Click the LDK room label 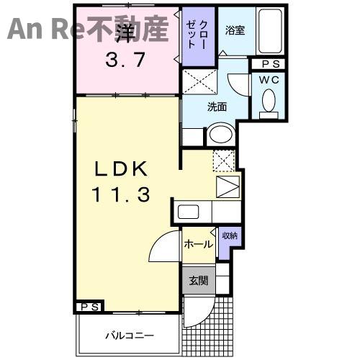(121, 169)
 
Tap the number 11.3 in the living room (121, 194)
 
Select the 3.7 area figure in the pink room (125, 60)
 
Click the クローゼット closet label (197, 35)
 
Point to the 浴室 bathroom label (235, 31)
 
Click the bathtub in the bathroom (270, 32)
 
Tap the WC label (269, 80)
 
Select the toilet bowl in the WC (269, 104)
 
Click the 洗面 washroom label (217, 107)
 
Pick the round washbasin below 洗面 (222, 135)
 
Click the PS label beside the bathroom (271, 64)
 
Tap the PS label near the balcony (89, 307)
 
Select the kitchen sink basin (188, 212)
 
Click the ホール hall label (199, 245)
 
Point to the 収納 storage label (230, 235)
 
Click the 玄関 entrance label (199, 280)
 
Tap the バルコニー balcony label (130, 336)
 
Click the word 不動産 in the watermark (127, 28)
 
